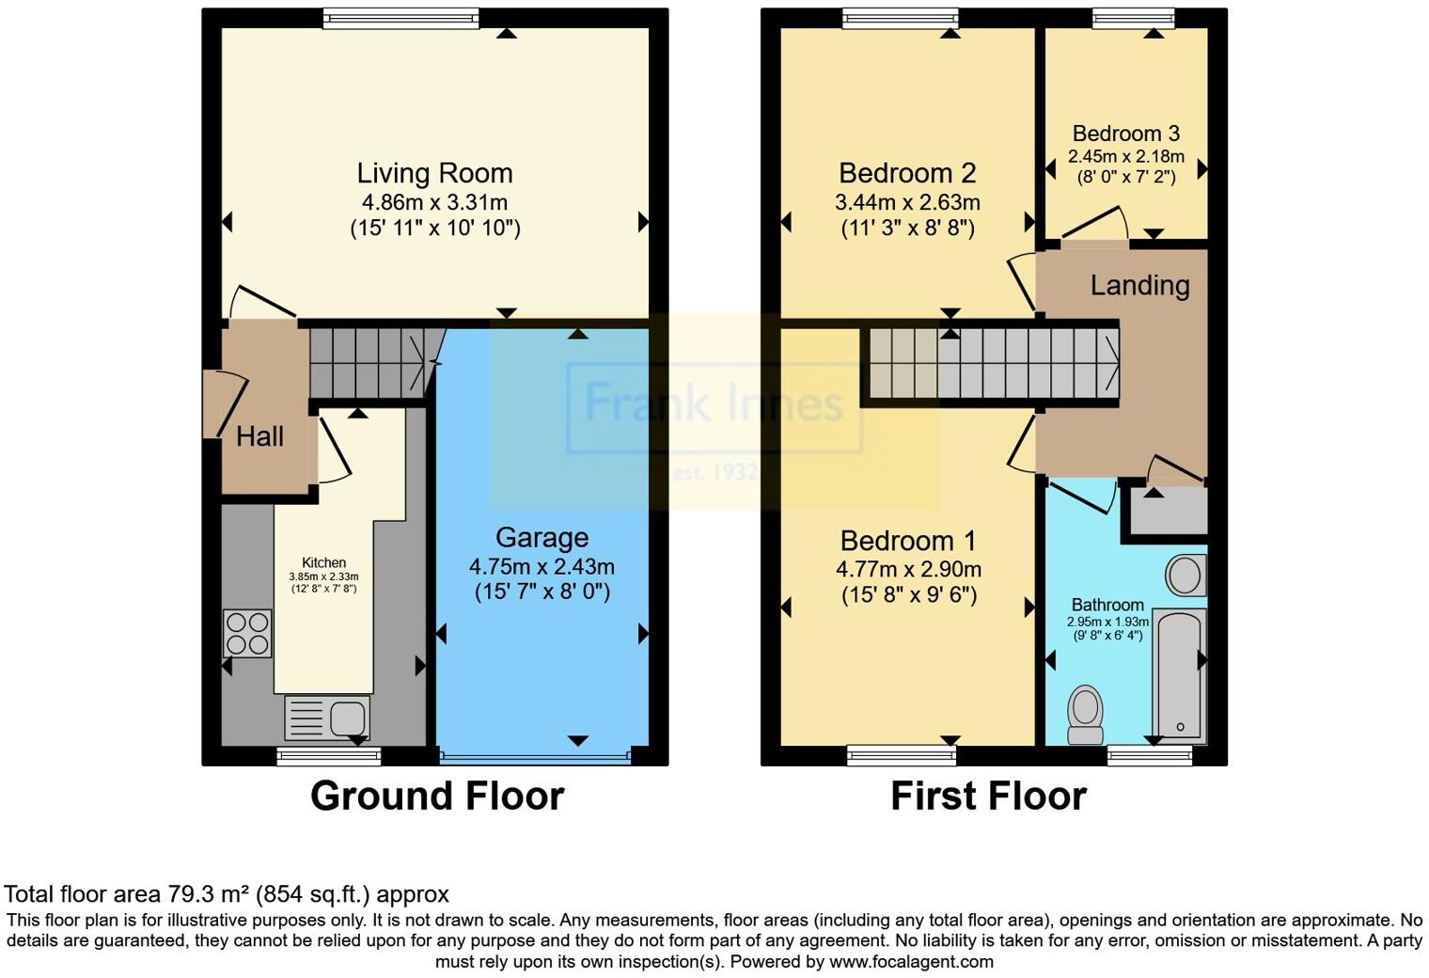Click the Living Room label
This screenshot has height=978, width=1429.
[x=434, y=173]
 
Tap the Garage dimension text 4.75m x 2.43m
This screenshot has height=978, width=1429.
[x=542, y=566]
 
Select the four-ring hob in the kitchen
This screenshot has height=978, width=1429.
[x=247, y=633]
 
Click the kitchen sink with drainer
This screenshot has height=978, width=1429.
[x=327, y=718]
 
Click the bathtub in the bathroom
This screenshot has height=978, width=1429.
[x=1179, y=674]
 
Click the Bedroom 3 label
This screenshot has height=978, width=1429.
[x=1125, y=134]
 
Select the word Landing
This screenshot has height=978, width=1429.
[x=1139, y=285]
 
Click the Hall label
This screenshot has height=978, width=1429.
[x=259, y=436]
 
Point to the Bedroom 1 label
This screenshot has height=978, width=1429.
[x=907, y=541]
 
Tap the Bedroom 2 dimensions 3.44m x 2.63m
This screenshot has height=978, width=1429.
[x=907, y=202]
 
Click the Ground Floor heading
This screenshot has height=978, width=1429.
[x=437, y=796]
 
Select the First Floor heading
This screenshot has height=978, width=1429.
[x=988, y=796]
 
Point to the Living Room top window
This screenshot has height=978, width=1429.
[x=400, y=18]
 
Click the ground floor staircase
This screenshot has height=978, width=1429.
[x=369, y=362]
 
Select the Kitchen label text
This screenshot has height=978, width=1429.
[x=323, y=562]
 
